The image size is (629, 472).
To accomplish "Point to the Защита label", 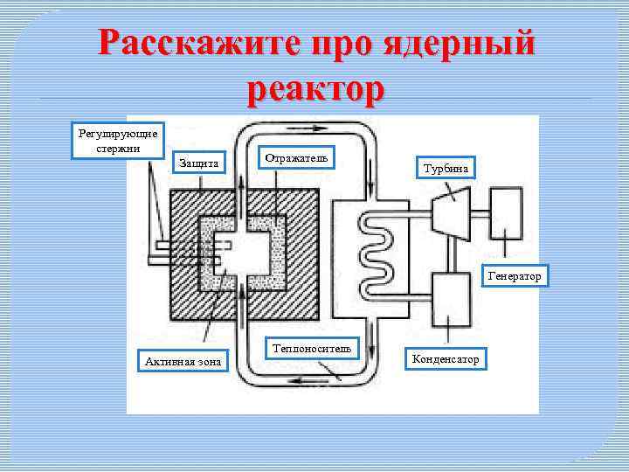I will (204, 163).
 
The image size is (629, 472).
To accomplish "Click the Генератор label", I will (515, 276).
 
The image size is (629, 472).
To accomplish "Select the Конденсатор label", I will (445, 359).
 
